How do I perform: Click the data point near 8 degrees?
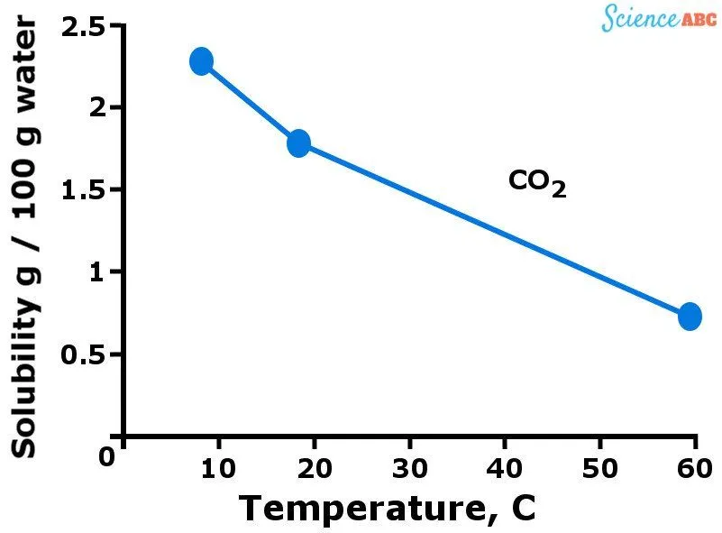pyautogui.click(x=202, y=61)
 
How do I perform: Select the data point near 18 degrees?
pyautogui.click(x=298, y=142)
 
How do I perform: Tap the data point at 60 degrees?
pyautogui.click(x=690, y=317)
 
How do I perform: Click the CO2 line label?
pyautogui.click(x=537, y=183)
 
